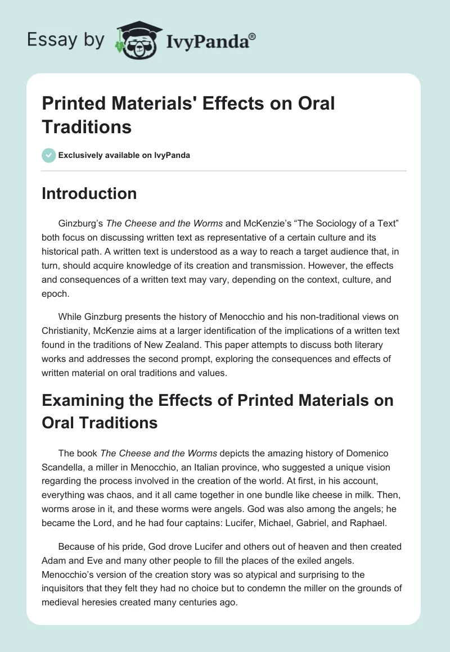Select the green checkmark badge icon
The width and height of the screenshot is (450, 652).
click(49, 155)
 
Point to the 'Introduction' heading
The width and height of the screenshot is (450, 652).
click(89, 194)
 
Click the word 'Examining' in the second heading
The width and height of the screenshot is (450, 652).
click(90, 400)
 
